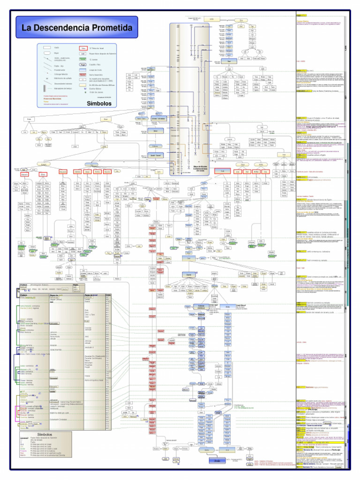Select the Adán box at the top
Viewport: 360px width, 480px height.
tap(211, 19)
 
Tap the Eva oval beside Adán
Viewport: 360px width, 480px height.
tap(241, 21)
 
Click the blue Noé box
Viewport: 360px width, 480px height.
tap(229, 61)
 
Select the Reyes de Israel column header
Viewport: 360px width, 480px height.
tap(94, 295)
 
